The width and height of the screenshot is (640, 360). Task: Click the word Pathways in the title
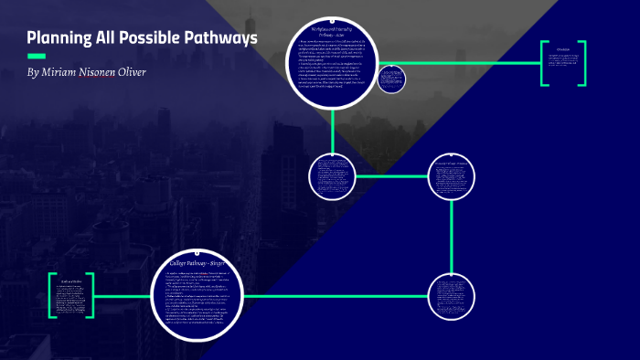219,38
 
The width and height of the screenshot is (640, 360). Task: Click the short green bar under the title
37,56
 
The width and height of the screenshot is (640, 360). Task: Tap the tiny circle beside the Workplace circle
391,79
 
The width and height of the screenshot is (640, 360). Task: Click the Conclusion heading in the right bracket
563,48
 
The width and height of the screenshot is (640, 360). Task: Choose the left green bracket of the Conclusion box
543,63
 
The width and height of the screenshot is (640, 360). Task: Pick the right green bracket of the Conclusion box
583,63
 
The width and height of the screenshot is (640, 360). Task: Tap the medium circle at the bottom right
452,296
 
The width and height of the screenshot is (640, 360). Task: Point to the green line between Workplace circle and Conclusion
457,62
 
